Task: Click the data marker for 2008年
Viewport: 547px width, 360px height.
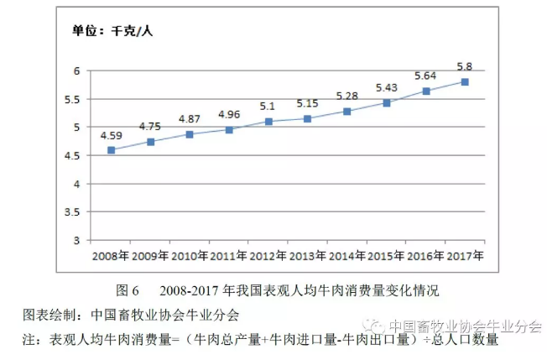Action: point(111,150)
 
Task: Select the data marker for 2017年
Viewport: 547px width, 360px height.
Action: point(465,81)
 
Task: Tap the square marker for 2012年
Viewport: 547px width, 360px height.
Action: point(268,122)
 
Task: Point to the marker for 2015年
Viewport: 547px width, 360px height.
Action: point(387,103)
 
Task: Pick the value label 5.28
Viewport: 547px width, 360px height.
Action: point(347,96)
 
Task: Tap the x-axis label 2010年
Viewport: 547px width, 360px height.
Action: point(190,254)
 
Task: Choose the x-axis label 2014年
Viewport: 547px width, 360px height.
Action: point(347,254)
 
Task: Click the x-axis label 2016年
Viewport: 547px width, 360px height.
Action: point(426,254)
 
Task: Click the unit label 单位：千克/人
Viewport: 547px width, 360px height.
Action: point(112,32)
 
